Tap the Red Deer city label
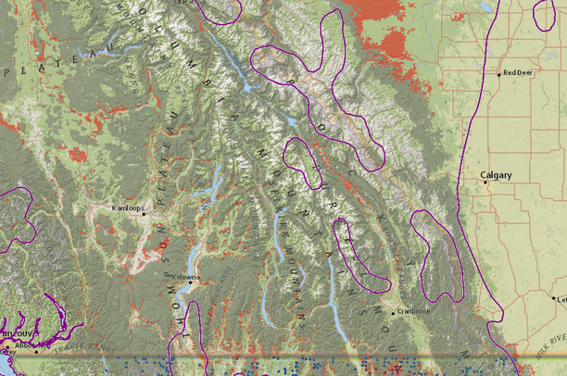pos(517,73)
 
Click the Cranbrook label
pos(413,311)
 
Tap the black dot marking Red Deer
pos(499,74)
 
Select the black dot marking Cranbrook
pos(393,313)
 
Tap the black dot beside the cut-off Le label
pos(552,298)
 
